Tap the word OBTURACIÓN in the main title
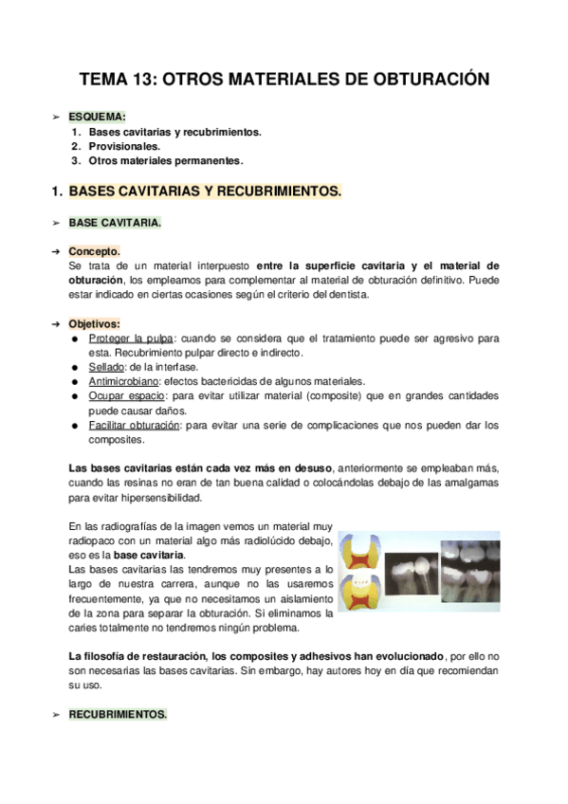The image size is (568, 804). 425,80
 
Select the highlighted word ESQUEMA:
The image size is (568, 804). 98,116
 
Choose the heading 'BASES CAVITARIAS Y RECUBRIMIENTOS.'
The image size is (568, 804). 205,192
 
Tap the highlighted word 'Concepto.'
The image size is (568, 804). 95,251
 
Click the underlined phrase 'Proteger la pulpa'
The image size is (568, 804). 130,338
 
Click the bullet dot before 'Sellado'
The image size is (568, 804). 75,368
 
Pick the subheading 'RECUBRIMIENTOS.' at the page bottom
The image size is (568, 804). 118,716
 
